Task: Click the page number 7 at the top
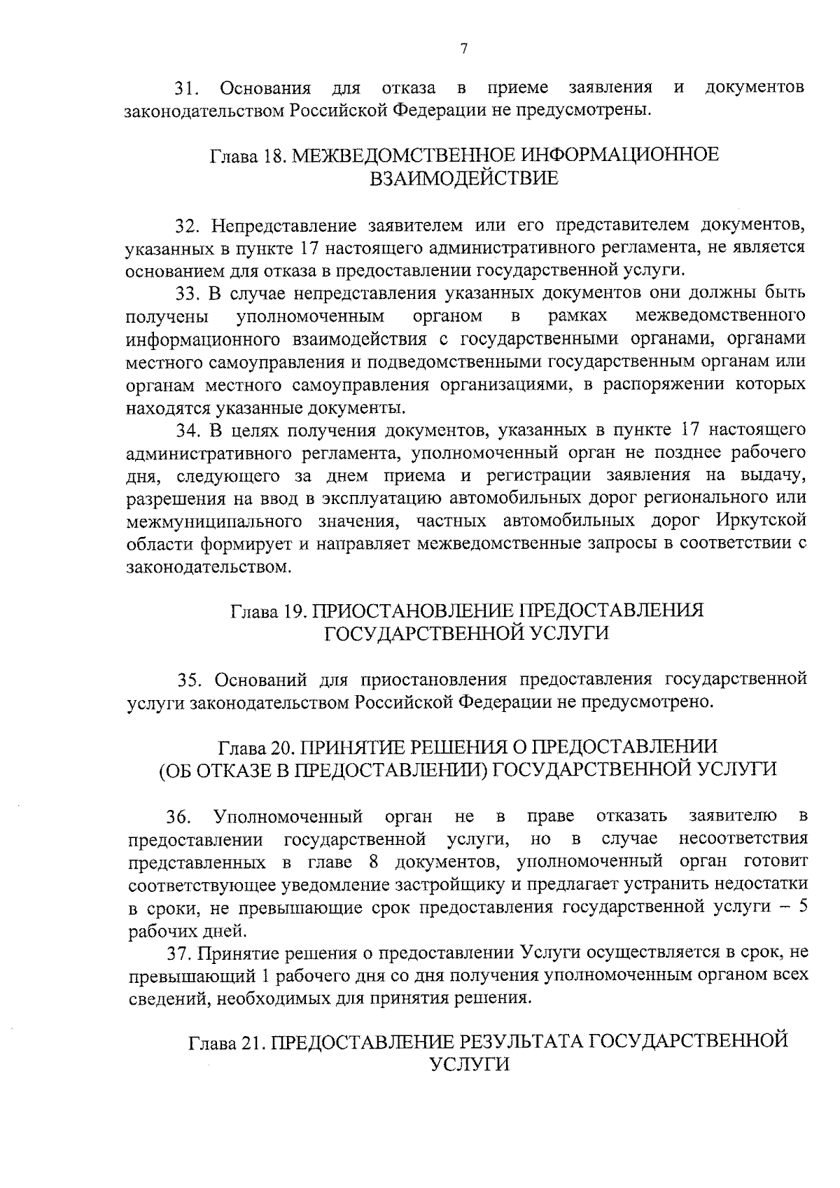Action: (463, 48)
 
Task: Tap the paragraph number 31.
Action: (187, 89)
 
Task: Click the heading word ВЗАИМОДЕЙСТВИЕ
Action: (464, 179)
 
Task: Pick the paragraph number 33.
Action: (188, 293)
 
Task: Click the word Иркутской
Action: (761, 522)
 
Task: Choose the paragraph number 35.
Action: (190, 679)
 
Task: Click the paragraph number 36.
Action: (178, 816)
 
